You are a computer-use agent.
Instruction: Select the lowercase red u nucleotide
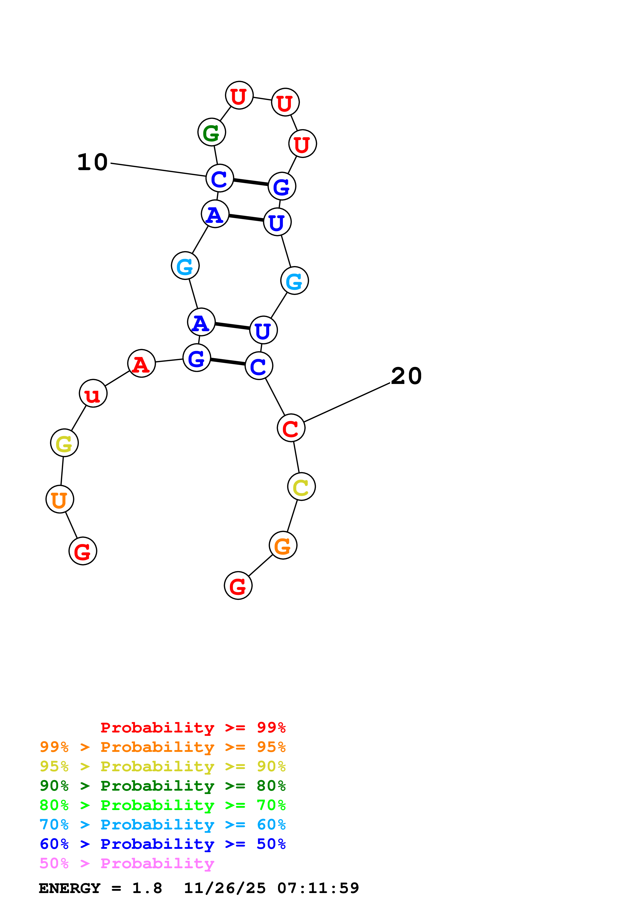click(93, 394)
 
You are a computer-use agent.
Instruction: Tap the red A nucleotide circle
click(141, 364)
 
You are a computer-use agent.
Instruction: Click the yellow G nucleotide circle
click(64, 443)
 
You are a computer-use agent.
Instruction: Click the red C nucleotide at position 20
click(291, 428)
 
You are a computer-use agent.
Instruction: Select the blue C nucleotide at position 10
click(220, 178)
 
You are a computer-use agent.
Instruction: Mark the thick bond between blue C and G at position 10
click(251, 182)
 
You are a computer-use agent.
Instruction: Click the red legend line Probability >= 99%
click(193, 728)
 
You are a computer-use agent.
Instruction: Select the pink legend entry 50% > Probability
click(127, 864)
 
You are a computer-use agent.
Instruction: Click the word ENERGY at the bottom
click(70, 888)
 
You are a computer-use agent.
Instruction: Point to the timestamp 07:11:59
click(318, 888)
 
